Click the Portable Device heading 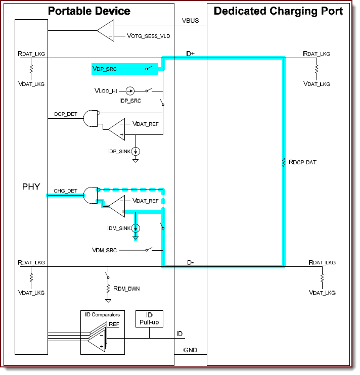click(89, 11)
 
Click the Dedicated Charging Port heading click(278, 11)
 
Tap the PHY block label click(31, 187)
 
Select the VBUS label click(191, 21)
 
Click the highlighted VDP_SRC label click(104, 68)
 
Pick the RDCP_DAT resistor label click(302, 162)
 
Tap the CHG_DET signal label click(66, 191)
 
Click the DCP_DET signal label click(66, 114)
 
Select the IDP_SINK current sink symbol click(136, 151)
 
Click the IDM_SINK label click(119, 228)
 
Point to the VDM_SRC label click(105, 250)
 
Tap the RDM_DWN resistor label click(126, 289)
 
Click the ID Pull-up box click(149, 319)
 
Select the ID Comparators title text click(102, 315)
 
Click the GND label click(191, 350)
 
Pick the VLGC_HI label click(106, 91)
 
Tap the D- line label click(191, 262)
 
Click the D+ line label click(191, 53)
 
